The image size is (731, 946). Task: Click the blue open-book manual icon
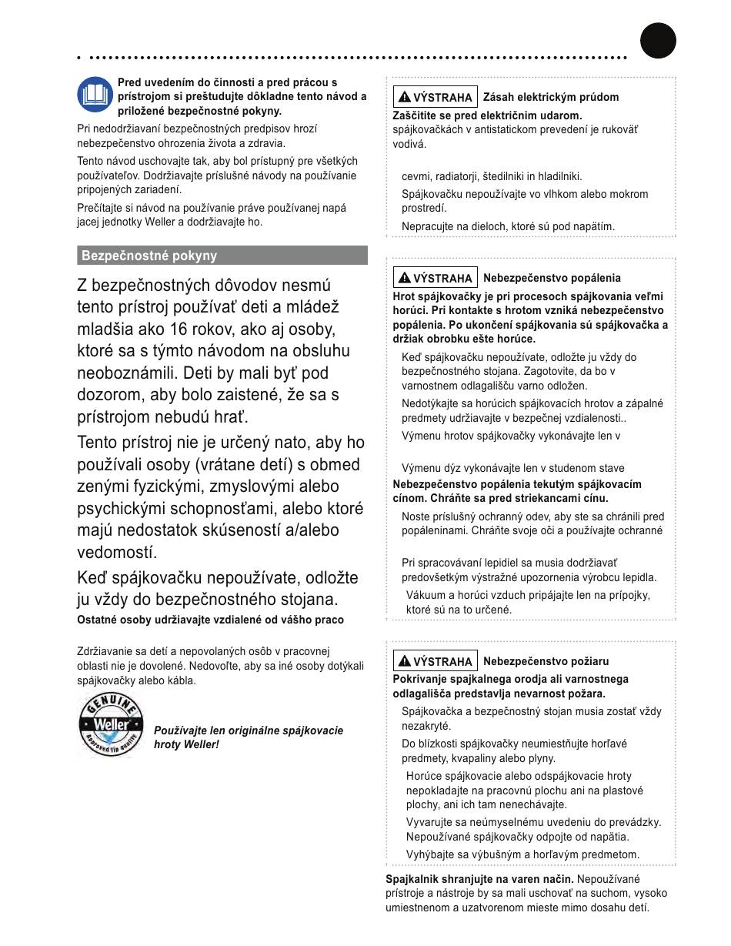(95, 95)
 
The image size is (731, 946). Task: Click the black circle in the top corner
(658, 40)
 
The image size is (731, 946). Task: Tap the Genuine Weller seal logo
(111, 724)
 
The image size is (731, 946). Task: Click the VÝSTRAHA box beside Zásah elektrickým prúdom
(436, 98)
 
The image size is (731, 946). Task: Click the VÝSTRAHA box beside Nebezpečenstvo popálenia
(436, 278)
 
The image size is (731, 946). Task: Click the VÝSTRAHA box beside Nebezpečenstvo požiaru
(436, 661)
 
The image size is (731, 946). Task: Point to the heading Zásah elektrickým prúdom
(550, 97)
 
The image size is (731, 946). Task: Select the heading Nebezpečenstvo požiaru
(546, 660)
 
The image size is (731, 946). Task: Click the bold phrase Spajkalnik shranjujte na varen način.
(479, 879)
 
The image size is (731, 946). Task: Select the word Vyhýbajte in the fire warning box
(431, 854)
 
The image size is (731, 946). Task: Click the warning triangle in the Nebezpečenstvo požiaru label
(404, 661)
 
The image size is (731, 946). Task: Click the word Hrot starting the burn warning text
(404, 296)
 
